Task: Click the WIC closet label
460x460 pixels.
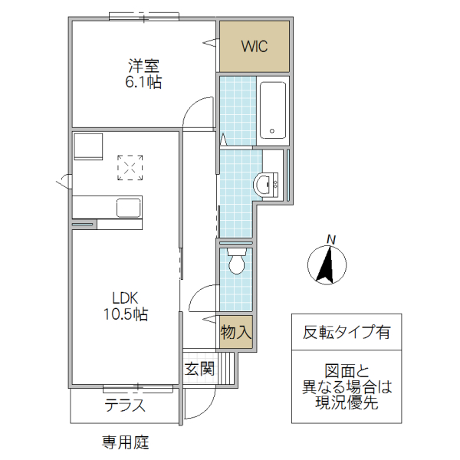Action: tap(255, 47)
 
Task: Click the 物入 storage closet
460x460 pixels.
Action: tap(236, 333)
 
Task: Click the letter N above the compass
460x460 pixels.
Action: tap(331, 240)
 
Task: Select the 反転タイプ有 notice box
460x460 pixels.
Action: tap(347, 333)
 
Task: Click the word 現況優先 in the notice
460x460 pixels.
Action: tap(347, 404)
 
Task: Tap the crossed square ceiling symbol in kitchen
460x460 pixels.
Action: tap(130, 167)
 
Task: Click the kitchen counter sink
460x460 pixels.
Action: tap(127, 207)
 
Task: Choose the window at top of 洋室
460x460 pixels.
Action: tap(144, 15)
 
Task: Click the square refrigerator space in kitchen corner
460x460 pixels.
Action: tap(87, 146)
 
